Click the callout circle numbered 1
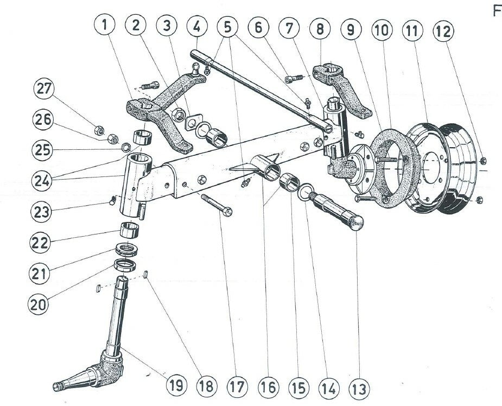(105, 26)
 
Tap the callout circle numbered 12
(443, 31)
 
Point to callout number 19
(175, 386)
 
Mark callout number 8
(320, 29)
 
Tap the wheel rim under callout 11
(434, 163)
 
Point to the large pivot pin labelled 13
(336, 212)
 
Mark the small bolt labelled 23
(111, 202)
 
